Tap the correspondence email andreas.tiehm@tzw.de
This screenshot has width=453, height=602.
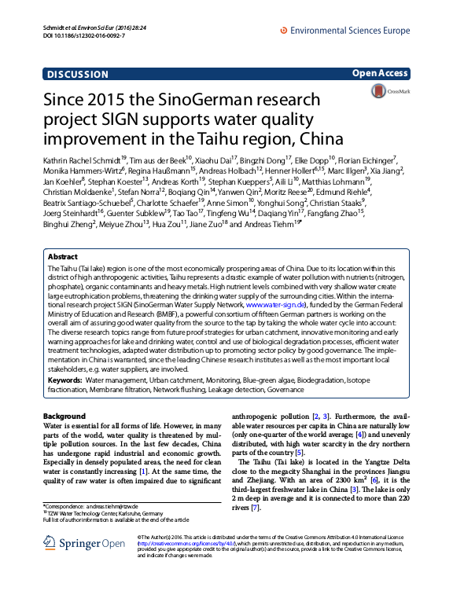tap(113, 506)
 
